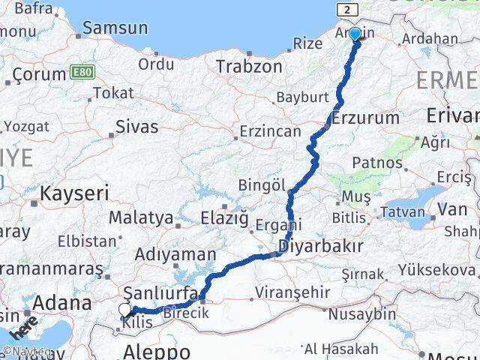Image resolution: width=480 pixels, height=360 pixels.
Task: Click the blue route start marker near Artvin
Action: [355, 34]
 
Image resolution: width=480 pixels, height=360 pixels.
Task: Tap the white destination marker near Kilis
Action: [124, 310]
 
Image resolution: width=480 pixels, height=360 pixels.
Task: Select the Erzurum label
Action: [365, 118]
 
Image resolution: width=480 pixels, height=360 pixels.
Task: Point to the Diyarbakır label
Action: [320, 245]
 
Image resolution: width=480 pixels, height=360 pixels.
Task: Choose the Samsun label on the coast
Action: [115, 28]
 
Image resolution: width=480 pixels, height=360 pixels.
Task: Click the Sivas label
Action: [137, 127]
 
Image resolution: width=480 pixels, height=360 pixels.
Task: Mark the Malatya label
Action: [141, 218]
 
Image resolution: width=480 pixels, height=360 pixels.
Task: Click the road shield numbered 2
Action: [347, 9]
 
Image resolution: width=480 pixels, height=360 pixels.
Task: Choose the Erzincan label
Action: [270, 131]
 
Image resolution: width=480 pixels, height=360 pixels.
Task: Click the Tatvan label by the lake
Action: [402, 212]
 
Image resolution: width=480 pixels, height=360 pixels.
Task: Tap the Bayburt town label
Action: [302, 97]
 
